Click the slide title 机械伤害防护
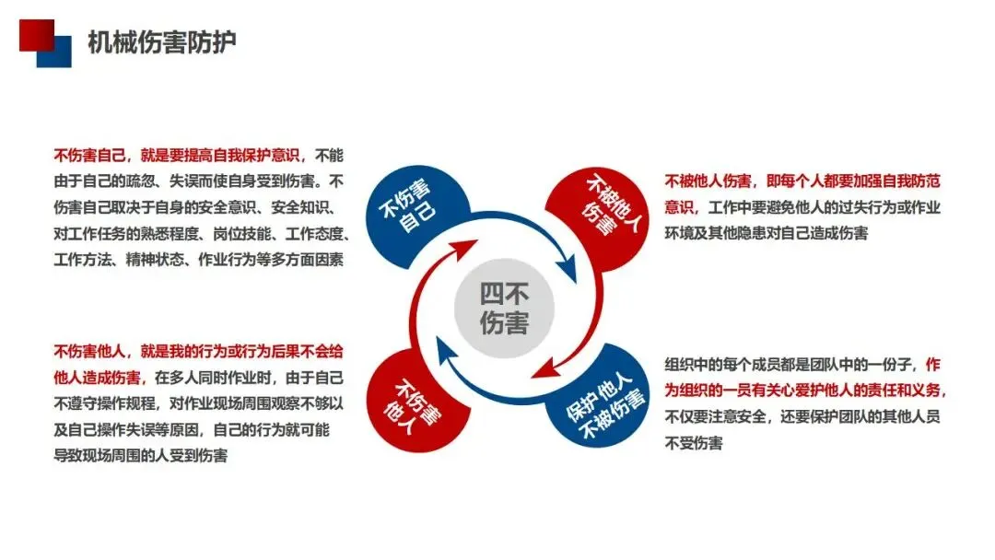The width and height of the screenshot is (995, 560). pos(161,42)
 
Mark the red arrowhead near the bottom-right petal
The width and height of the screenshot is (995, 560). pos(542,369)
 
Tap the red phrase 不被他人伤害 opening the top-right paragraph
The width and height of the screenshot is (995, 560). pos(708,181)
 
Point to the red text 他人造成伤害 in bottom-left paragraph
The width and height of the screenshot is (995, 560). pos(97,377)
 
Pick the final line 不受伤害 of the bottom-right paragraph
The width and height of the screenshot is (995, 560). pos(693,443)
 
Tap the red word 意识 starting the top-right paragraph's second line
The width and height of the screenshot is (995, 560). pos(678,207)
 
